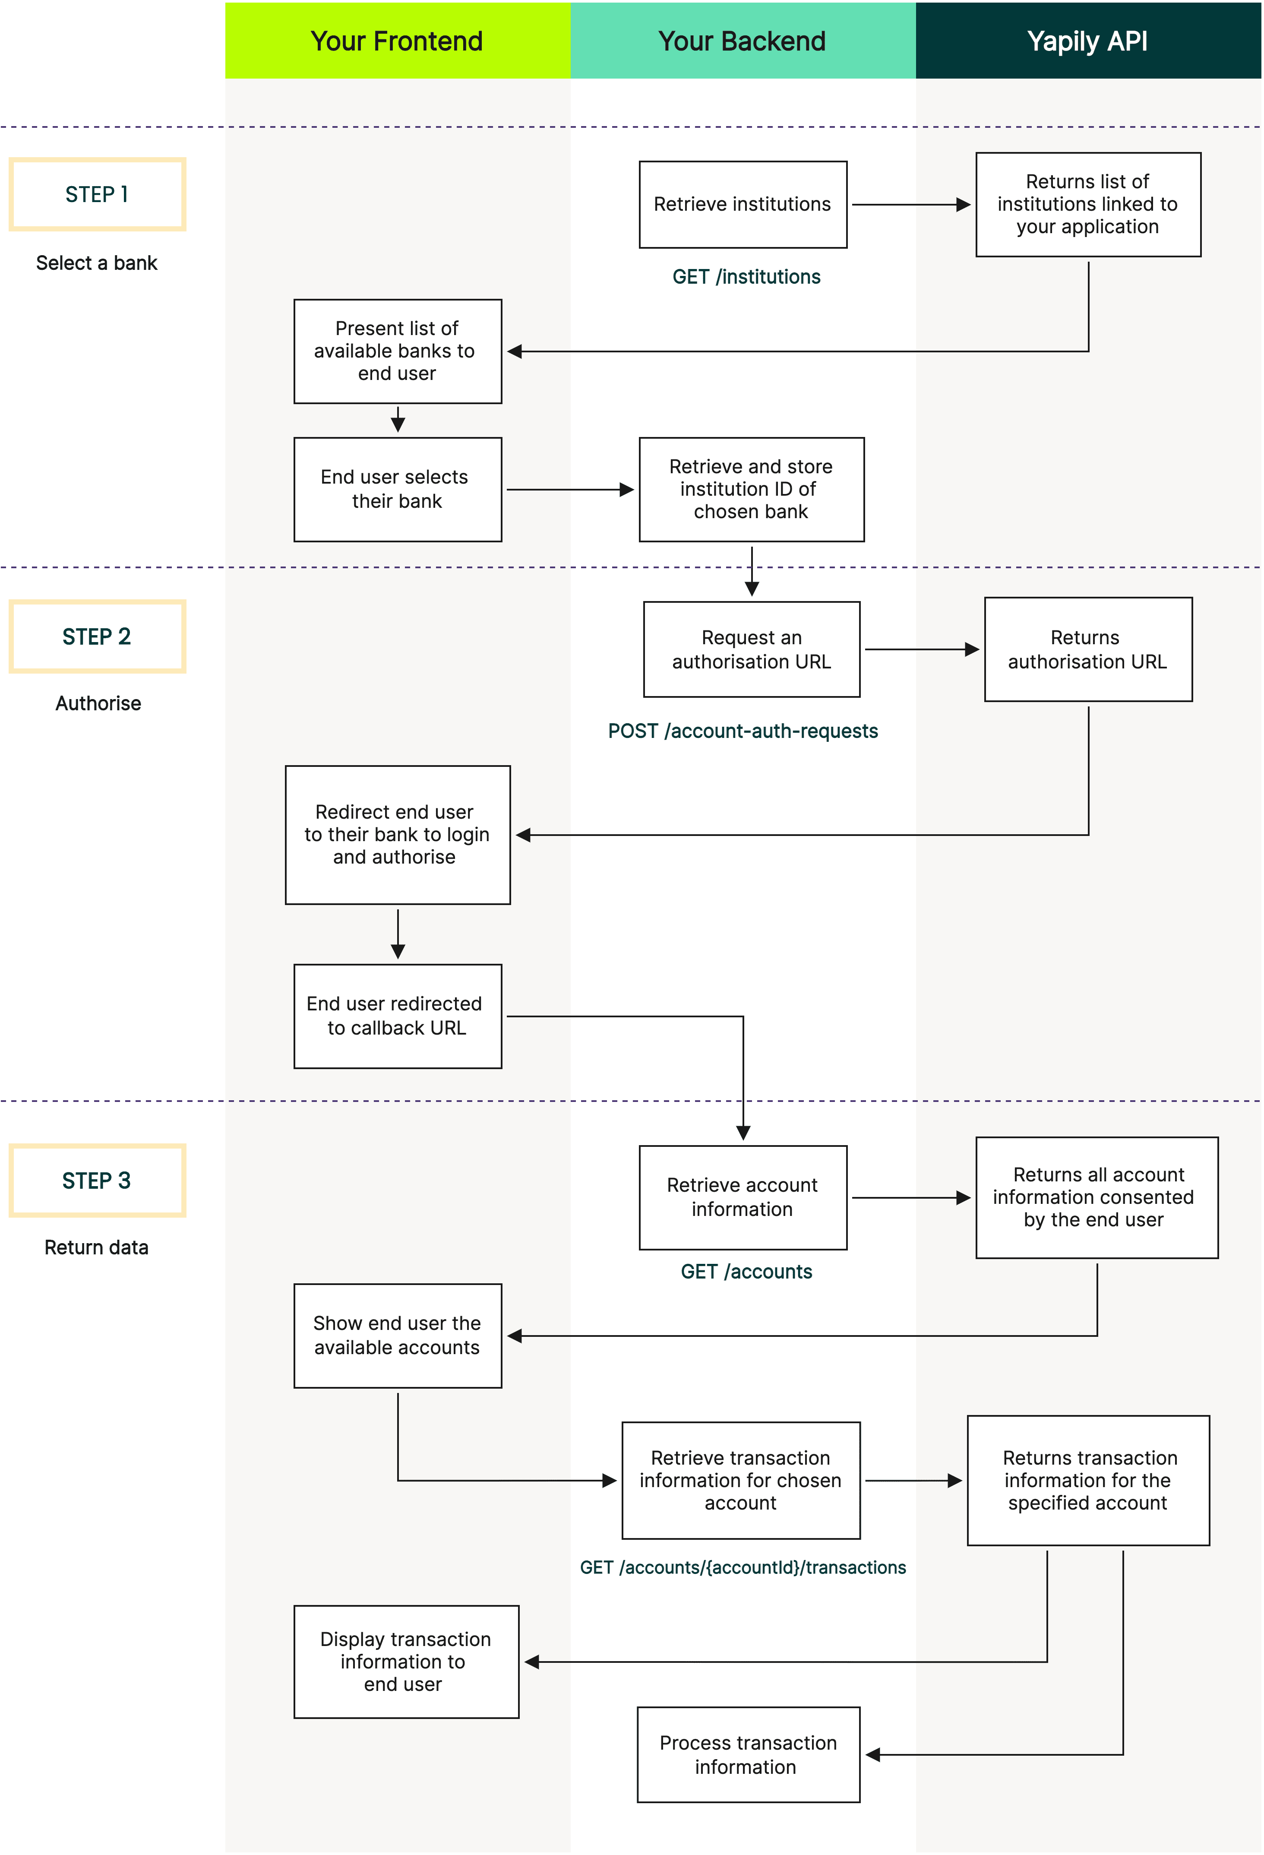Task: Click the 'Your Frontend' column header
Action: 397,41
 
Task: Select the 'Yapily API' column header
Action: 1087,41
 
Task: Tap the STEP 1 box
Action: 98,194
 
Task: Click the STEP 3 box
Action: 98,1181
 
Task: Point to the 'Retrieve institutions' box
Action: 742,204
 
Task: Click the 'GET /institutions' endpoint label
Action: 746,277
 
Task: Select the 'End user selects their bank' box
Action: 398,489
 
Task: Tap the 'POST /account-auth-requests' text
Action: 743,731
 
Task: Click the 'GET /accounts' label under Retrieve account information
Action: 746,1272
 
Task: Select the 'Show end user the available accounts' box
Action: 398,1336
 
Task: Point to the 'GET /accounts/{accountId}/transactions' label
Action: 743,1568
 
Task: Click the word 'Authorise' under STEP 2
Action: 98,703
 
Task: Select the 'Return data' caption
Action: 97,1247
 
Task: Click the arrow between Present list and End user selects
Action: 398,420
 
